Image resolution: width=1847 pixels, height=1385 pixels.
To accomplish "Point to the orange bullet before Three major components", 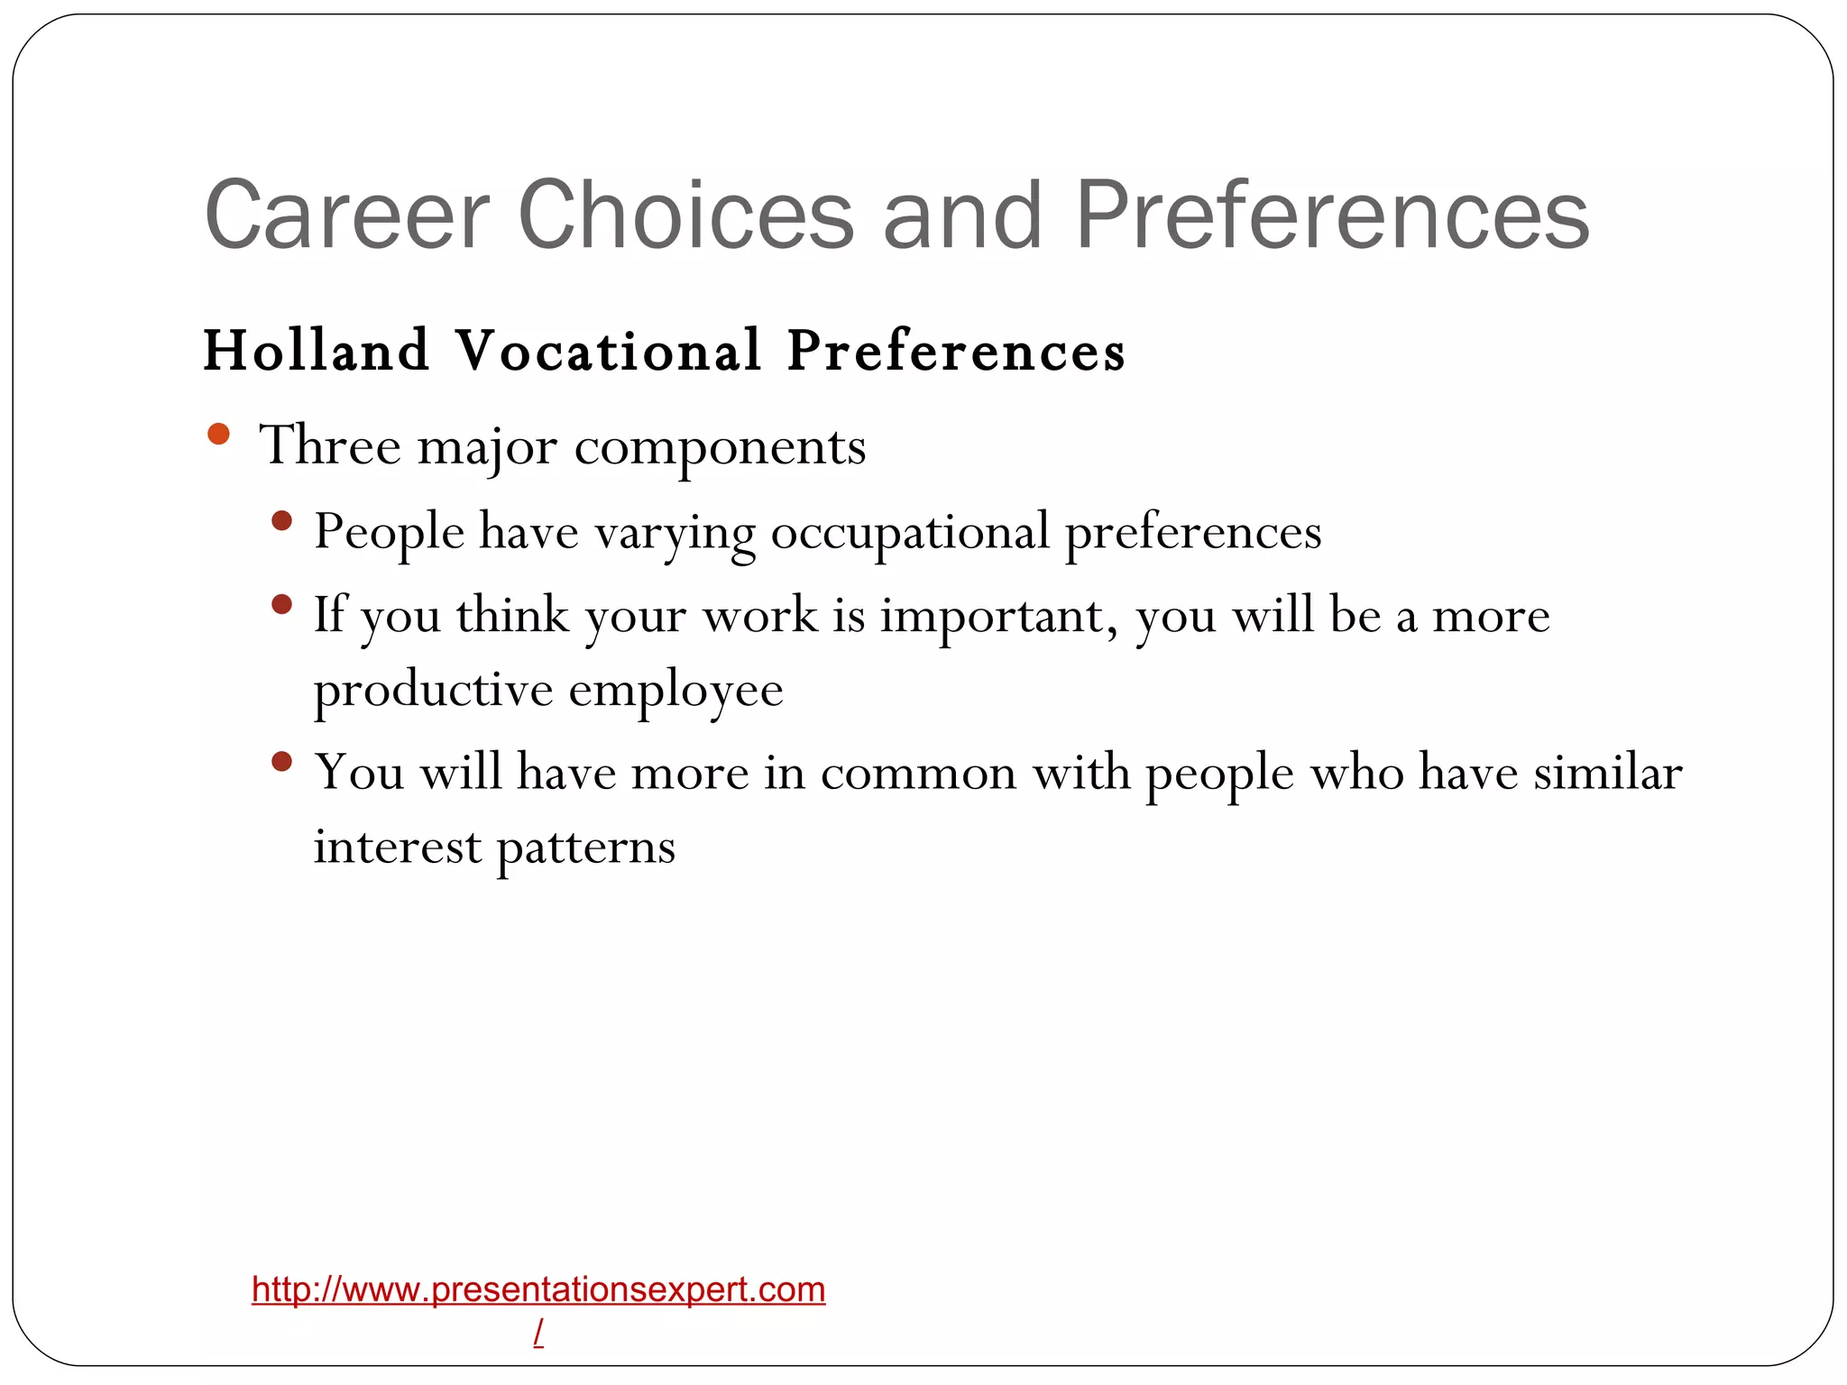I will click(x=218, y=436).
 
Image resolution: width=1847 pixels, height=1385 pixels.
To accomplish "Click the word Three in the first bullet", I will click(x=330, y=445).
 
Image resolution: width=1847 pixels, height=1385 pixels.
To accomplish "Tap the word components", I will click(x=720, y=447).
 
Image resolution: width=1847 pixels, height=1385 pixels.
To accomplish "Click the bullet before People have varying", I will click(x=282, y=520).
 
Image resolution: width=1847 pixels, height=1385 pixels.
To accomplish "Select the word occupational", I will click(x=910, y=532).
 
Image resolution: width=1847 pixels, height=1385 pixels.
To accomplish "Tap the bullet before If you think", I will click(x=282, y=604).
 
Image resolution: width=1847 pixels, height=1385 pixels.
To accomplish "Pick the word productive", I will click(x=433, y=692).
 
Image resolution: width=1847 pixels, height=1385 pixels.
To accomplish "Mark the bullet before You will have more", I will click(x=282, y=762).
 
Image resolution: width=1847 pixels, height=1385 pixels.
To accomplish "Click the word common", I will click(x=918, y=774).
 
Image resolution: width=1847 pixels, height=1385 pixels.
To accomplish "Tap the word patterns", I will click(x=585, y=848).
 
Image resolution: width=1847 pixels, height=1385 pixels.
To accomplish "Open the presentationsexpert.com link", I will click(x=538, y=1289).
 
